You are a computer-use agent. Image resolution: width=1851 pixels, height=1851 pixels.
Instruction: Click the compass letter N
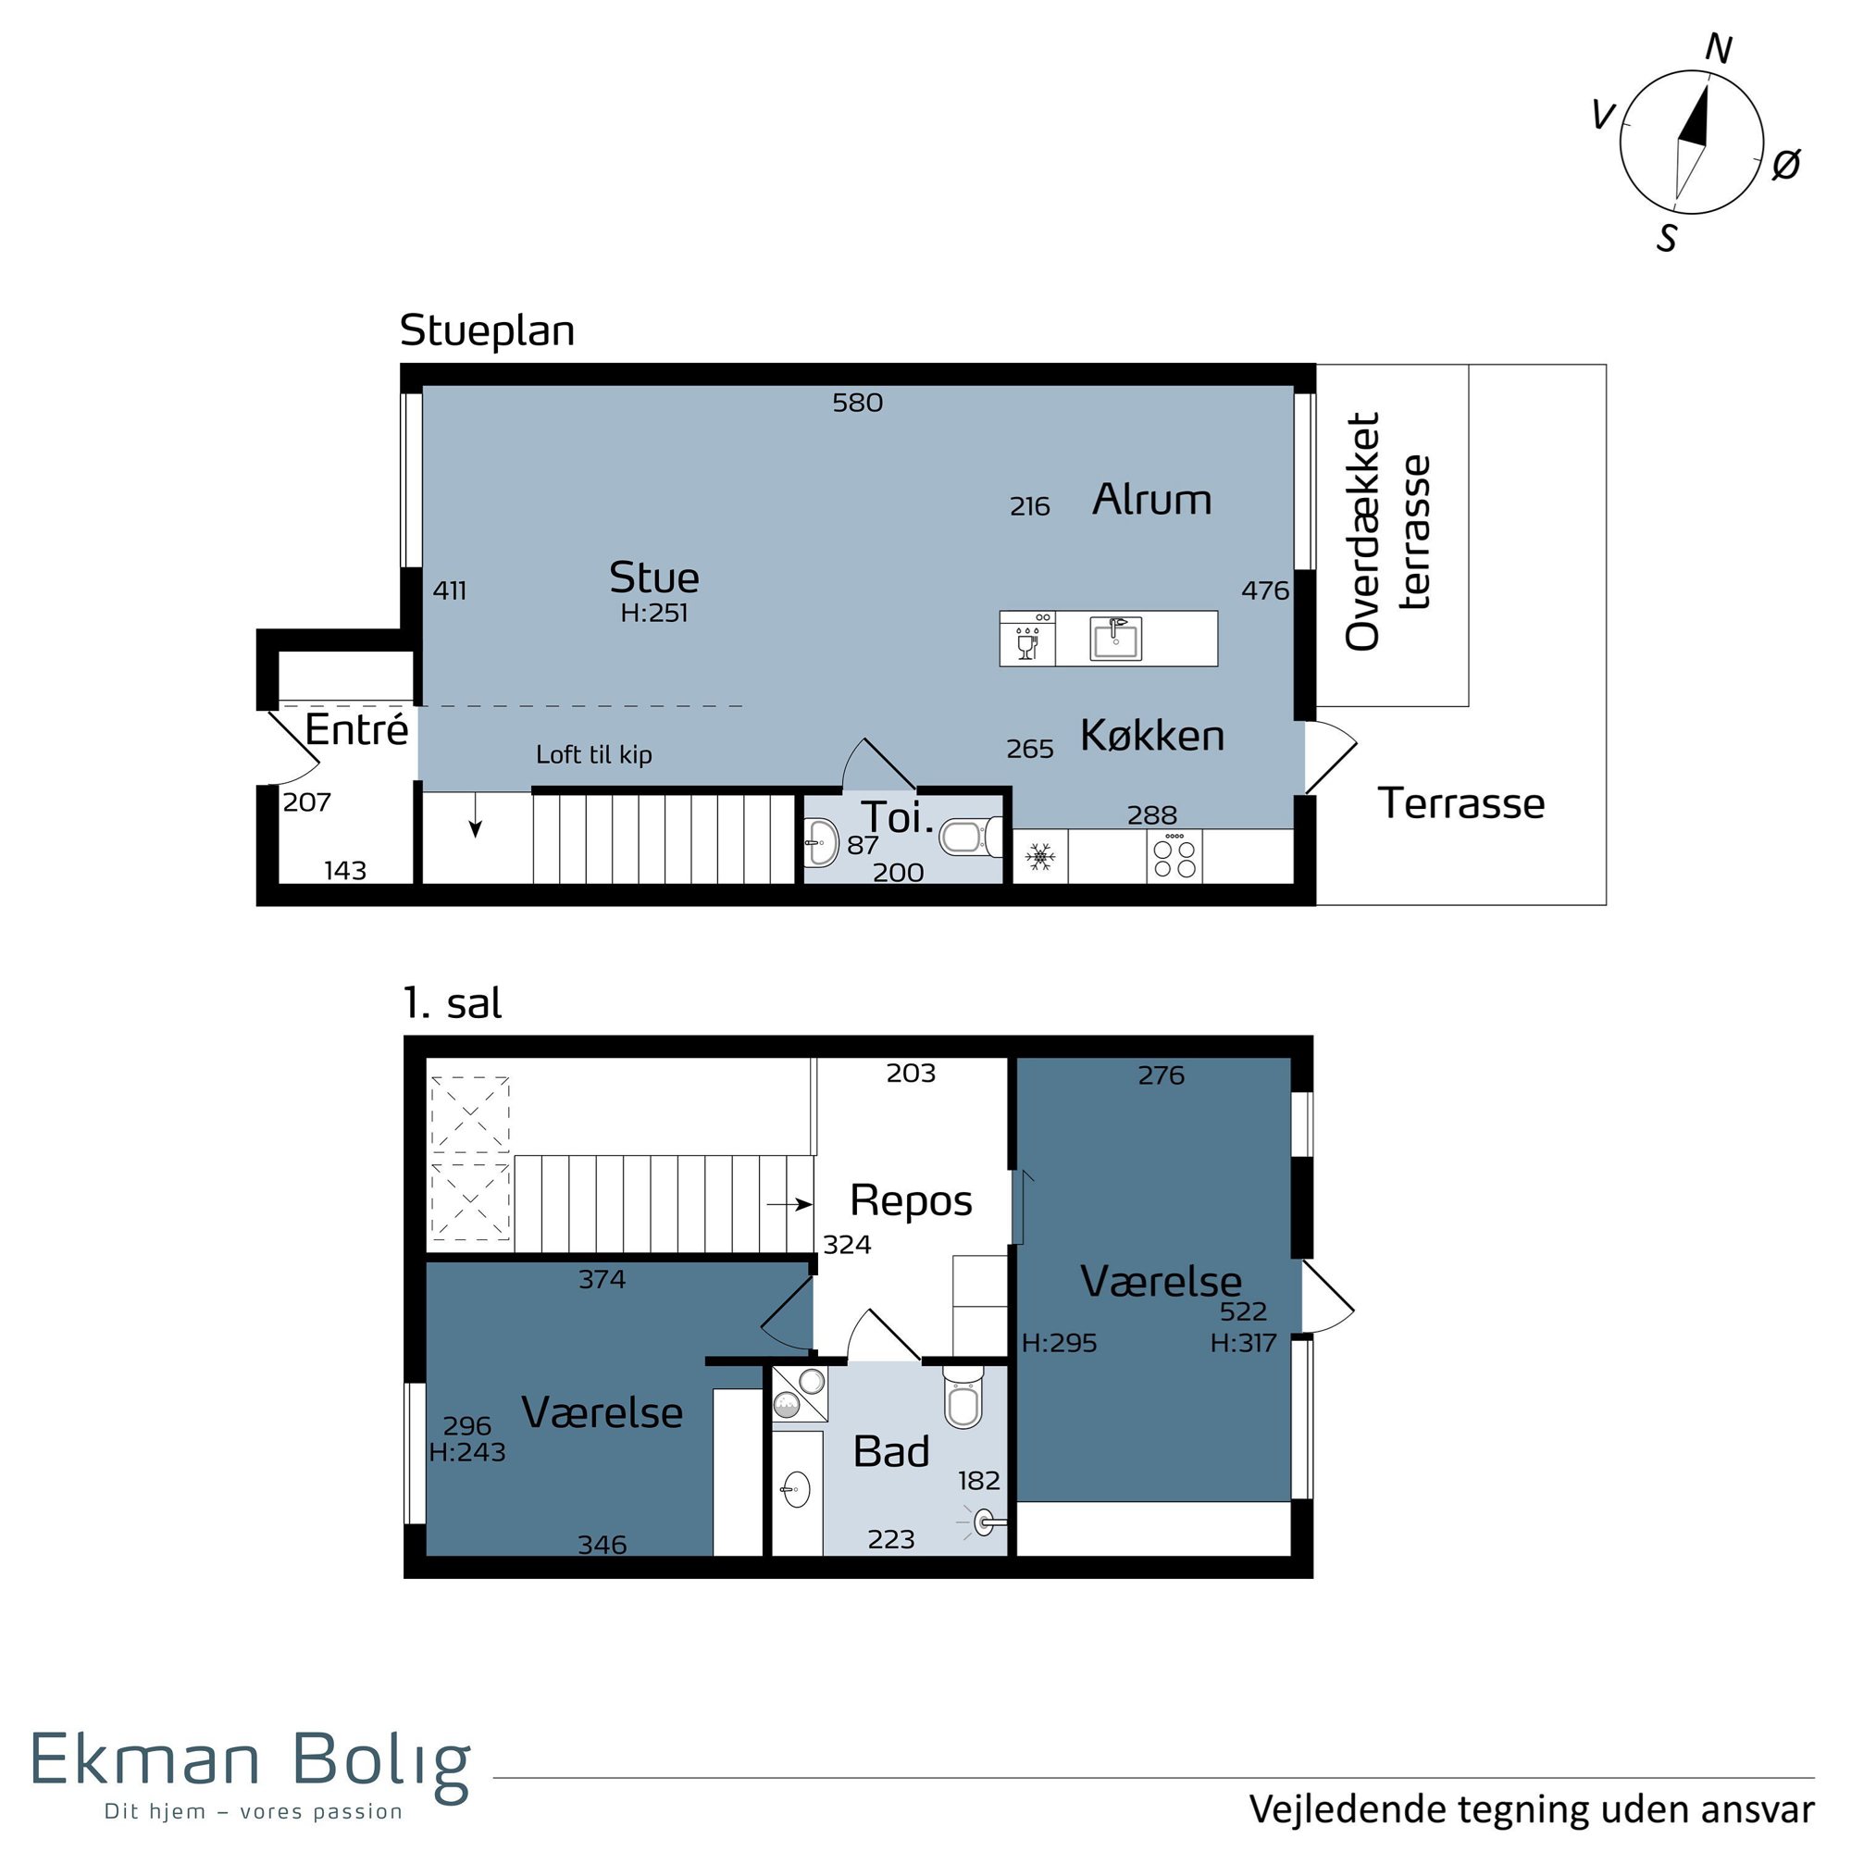coord(1719,49)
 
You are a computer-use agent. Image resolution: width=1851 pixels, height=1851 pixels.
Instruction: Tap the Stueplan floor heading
coord(487,331)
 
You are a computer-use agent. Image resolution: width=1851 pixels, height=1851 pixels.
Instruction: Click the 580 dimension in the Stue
coord(858,403)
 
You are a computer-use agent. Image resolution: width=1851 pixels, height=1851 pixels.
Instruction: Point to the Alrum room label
coord(1151,500)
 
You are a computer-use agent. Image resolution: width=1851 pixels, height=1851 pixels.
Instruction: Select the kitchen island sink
coord(1116,639)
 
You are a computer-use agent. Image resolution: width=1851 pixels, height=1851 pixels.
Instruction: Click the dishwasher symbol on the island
coord(1028,639)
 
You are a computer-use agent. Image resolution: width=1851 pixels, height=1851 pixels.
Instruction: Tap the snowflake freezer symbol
coord(1040,856)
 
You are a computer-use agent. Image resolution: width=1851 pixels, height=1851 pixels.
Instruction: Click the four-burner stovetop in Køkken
coord(1174,856)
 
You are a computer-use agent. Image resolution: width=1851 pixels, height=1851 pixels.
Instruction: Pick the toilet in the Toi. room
coord(971,837)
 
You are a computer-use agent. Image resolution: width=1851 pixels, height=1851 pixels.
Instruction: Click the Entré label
coord(356,730)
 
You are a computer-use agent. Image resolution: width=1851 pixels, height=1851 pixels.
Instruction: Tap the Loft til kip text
coord(594,755)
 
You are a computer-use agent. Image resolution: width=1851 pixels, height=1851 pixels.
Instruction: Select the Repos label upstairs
coord(911,1201)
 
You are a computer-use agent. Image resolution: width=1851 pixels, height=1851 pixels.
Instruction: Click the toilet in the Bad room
coord(963,1398)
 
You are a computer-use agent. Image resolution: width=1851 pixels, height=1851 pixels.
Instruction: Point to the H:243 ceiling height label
coord(467,1452)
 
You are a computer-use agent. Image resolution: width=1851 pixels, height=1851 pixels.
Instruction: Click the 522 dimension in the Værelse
coord(1244,1311)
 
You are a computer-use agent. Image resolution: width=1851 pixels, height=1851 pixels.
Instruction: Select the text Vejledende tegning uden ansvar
coord(1532,1809)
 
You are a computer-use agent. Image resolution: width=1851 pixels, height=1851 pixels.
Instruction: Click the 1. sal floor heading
coord(453,1004)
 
